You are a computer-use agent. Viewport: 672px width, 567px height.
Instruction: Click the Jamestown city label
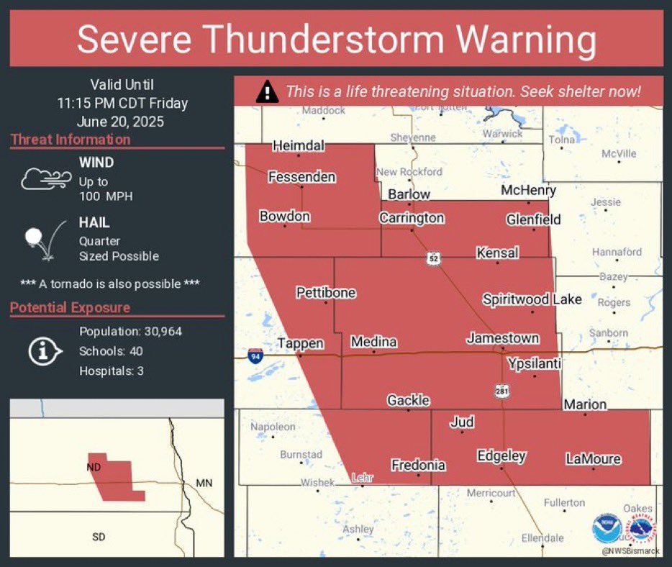click(x=503, y=337)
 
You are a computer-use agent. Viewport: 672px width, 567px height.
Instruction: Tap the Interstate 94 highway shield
click(x=255, y=355)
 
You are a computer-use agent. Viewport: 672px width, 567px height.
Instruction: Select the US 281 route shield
click(x=501, y=391)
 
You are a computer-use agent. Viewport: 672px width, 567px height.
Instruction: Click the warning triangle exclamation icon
click(x=267, y=92)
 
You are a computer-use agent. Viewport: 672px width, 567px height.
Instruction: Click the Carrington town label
click(x=412, y=217)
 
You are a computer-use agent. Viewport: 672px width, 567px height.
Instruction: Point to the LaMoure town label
click(x=593, y=458)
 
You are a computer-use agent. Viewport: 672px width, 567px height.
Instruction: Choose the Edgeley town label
click(x=501, y=455)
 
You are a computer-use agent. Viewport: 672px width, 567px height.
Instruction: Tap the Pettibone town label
click(x=326, y=293)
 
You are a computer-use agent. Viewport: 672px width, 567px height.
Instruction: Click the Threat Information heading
click(x=71, y=140)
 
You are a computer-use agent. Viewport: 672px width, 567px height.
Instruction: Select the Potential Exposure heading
click(x=71, y=307)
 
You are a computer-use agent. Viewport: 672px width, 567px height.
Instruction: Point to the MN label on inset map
click(x=204, y=483)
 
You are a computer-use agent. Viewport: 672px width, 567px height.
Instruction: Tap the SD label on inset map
click(x=99, y=537)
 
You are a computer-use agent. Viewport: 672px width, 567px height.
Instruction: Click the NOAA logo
click(x=607, y=529)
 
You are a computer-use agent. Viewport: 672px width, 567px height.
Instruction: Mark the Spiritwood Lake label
click(x=532, y=299)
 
